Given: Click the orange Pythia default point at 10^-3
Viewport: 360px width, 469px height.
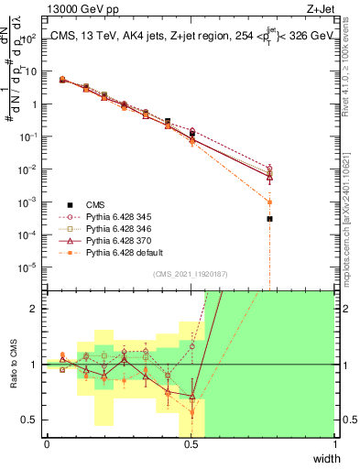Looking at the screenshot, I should click(x=269, y=202).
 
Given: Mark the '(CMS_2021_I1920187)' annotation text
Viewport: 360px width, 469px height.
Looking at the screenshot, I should click(x=190, y=273).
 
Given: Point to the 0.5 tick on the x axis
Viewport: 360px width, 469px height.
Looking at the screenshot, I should click(x=191, y=444).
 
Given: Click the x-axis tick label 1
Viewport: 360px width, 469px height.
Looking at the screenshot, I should click(x=334, y=444).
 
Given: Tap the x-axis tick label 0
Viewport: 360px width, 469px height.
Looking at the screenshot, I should click(x=47, y=444).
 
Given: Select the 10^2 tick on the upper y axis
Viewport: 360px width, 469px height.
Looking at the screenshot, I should click(x=33, y=38).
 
